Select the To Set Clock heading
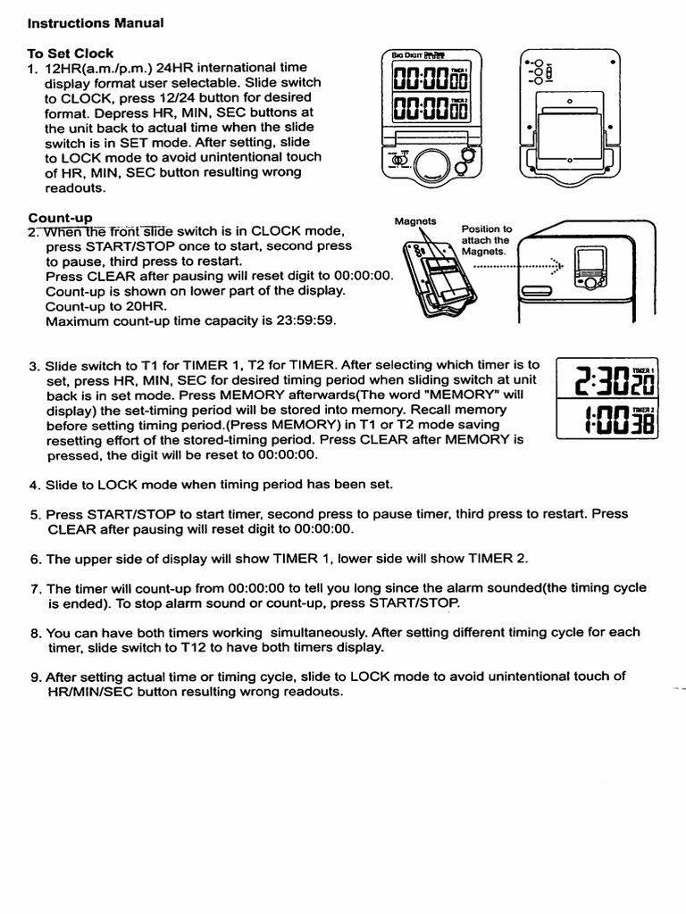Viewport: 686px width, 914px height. coord(71,54)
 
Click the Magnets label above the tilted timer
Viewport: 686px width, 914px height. coord(414,222)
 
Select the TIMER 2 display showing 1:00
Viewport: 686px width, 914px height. coord(606,420)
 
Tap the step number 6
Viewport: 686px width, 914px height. coord(34,559)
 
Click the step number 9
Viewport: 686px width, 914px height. coord(34,677)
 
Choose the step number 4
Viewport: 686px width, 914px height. coord(34,485)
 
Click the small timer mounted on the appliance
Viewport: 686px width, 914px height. coord(589,269)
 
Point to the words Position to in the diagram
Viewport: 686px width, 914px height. coord(486,228)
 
